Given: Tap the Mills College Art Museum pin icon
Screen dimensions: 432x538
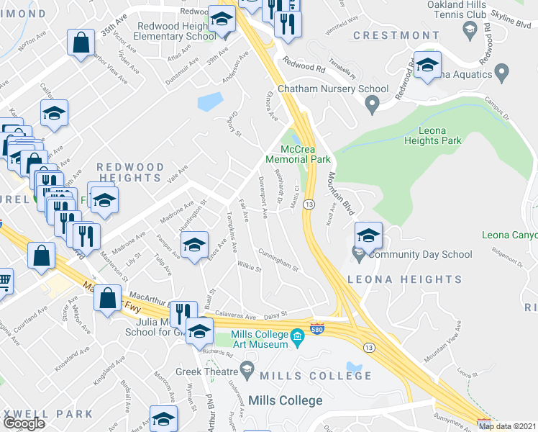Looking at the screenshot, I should (298, 336).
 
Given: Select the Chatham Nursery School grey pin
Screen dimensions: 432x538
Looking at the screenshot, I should (372, 106).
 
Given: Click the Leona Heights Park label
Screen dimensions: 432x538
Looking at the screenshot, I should (430, 135).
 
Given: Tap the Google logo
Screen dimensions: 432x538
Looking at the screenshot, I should (24, 423).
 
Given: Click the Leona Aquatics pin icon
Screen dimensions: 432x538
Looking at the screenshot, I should (502, 73).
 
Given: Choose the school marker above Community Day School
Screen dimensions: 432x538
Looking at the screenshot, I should (368, 235).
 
